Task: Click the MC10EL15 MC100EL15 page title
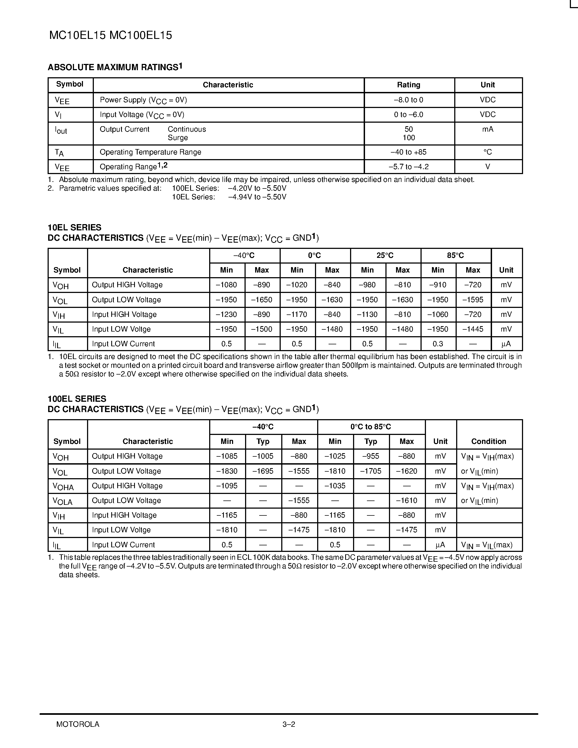click(x=111, y=35)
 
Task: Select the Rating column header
click(x=409, y=85)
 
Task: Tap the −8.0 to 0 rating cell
click(x=409, y=100)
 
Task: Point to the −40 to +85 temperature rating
click(x=409, y=152)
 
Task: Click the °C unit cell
click(x=488, y=152)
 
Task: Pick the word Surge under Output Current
click(x=178, y=138)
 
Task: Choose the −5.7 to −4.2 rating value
click(x=409, y=167)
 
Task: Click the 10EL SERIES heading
click(x=74, y=227)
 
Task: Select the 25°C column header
click(x=385, y=255)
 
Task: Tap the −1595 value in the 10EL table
click(x=473, y=300)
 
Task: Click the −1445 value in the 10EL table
click(x=473, y=329)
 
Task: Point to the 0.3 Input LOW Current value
click(x=438, y=344)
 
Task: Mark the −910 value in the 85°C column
click(x=438, y=285)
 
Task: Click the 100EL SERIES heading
click(x=77, y=399)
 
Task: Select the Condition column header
click(x=489, y=441)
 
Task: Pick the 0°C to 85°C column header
click(x=370, y=427)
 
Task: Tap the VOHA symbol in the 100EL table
click(x=63, y=486)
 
